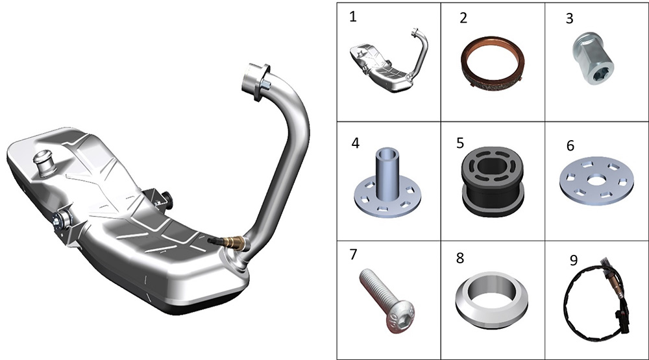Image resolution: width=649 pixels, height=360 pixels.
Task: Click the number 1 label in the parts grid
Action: pos(352,17)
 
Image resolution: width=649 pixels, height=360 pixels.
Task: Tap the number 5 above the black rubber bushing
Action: pos(460,143)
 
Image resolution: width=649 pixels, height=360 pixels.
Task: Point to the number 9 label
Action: pos(574,260)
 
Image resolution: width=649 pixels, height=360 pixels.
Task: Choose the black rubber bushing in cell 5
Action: pos(493,180)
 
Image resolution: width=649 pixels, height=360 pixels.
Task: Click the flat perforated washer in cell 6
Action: pos(596,181)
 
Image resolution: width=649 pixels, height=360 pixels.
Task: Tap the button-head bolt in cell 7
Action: pos(387,300)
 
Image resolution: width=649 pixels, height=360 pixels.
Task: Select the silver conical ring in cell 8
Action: pos(493,300)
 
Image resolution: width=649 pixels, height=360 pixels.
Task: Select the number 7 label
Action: pos(353,254)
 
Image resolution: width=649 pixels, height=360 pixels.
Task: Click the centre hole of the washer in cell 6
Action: pos(596,180)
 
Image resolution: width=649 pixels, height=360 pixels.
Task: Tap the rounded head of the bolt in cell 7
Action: pos(400,318)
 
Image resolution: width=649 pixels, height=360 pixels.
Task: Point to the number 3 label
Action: pos(570,19)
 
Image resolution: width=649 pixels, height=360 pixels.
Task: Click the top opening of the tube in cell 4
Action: pos(387,154)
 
